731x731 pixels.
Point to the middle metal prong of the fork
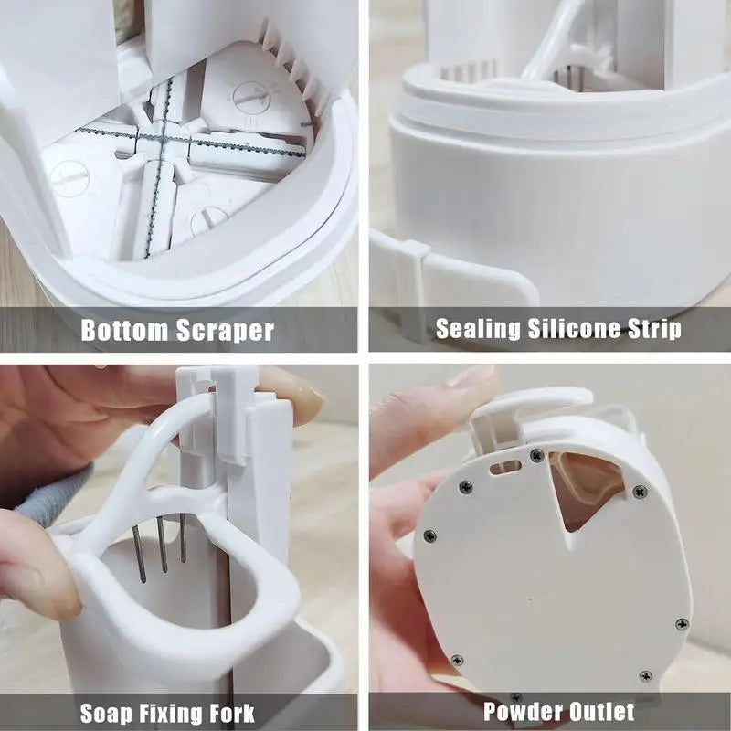point(162,544)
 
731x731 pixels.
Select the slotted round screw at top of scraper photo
point(249,96)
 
